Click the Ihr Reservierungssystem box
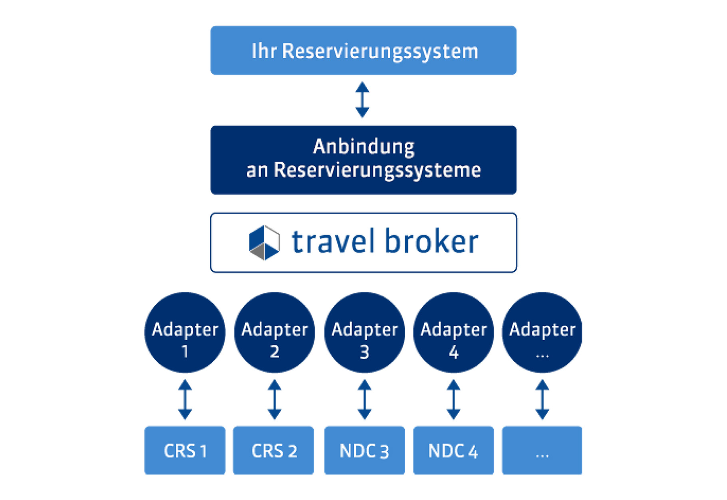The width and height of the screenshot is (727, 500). click(363, 51)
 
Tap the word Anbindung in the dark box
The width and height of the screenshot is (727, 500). click(363, 147)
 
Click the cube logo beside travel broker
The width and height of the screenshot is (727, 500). click(264, 242)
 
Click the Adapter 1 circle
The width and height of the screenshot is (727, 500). click(185, 332)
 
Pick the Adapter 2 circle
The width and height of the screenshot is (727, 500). click(274, 332)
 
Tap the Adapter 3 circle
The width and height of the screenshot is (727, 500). click(364, 332)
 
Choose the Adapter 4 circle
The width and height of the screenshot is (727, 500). click(453, 332)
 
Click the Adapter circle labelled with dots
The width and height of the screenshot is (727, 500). click(542, 332)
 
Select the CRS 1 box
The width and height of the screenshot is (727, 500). click(185, 450)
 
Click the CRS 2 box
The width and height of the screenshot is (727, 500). click(274, 450)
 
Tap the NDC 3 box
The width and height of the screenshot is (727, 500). click(364, 450)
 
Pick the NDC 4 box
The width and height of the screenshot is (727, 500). click(453, 450)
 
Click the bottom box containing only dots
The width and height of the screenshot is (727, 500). click(542, 450)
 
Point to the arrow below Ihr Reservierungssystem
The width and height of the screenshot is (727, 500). click(362, 100)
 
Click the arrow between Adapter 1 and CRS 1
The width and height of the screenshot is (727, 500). click(185, 399)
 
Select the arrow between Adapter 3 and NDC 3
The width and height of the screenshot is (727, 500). click(364, 399)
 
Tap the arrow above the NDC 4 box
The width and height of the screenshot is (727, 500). click(453, 399)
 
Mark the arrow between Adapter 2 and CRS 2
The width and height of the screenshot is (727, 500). click(274, 399)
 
